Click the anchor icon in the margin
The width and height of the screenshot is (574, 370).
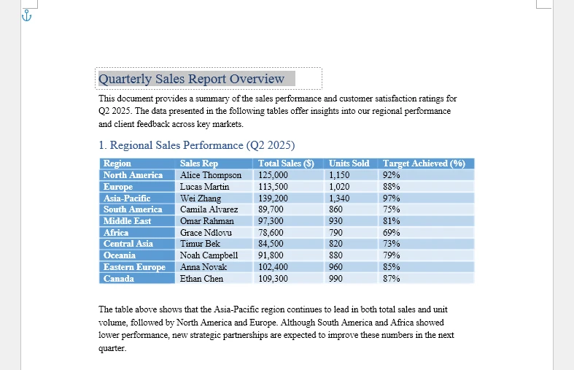27,15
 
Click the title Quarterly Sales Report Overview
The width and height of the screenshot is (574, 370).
191,79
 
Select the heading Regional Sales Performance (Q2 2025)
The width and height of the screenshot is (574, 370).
196,145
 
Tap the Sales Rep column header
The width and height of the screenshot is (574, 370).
199,163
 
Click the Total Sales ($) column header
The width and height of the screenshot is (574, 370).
286,163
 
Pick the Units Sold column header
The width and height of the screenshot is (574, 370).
349,163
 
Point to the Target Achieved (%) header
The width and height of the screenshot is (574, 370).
424,163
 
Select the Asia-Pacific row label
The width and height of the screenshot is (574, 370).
127,198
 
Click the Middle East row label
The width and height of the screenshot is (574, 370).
127,221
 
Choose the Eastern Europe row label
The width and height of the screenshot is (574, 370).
134,267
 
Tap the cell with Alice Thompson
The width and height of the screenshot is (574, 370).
211,175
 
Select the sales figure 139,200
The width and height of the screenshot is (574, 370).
274,198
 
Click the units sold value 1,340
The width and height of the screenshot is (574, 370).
340,198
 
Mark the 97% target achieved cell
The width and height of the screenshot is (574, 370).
391,198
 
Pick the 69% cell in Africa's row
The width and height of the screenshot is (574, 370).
391,233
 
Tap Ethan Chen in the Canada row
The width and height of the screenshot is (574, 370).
202,279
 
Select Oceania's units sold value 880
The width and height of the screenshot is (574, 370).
336,255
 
